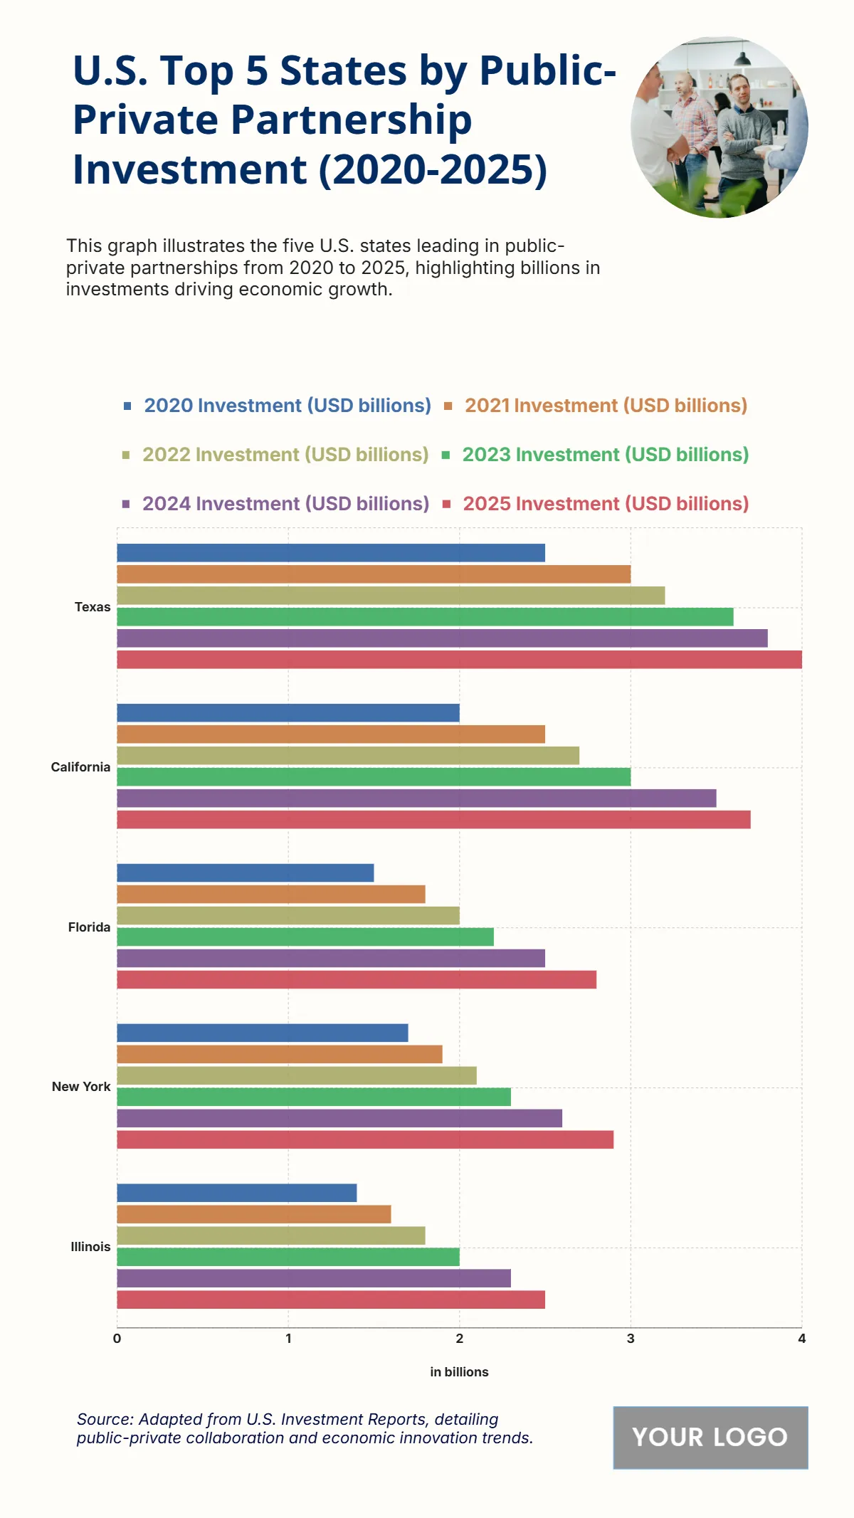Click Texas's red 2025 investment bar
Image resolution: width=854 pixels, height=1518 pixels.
point(459,659)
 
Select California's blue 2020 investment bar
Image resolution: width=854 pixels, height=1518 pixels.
point(288,712)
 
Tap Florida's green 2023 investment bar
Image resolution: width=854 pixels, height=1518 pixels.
point(305,937)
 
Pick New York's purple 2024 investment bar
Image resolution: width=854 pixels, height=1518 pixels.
point(339,1118)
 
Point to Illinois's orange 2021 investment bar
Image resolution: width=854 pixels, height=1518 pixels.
point(253,1214)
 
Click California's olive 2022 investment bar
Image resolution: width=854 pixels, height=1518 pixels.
point(347,755)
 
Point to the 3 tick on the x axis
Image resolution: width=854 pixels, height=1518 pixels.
point(631,1339)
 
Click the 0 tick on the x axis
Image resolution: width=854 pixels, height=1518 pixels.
point(117,1339)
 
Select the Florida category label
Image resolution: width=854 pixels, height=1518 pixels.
point(89,927)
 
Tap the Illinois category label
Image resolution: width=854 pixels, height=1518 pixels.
point(90,1247)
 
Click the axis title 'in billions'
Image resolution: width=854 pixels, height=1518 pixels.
point(459,1371)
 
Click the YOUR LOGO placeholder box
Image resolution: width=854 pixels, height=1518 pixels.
point(710,1437)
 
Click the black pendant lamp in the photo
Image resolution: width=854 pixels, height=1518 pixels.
point(742,58)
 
